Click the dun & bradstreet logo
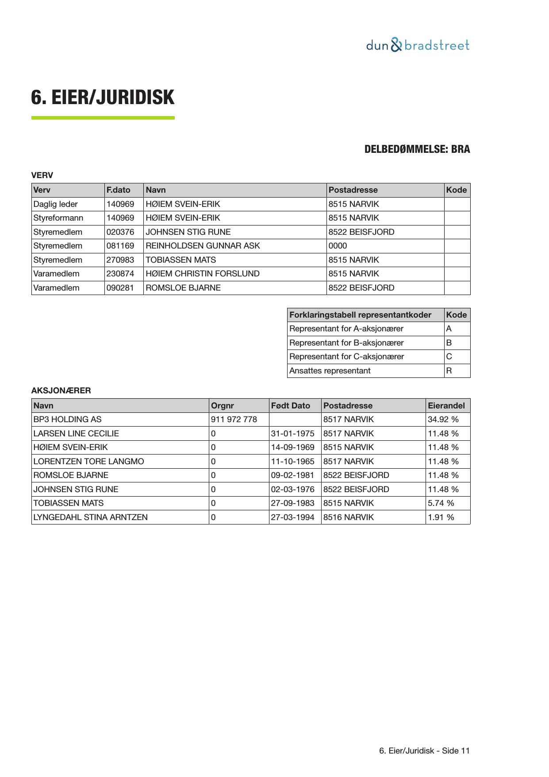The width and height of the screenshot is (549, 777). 417,45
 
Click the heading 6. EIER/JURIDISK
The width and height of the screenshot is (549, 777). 103,97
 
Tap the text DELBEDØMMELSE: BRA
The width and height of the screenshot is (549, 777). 417,149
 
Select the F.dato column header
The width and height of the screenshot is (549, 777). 118,190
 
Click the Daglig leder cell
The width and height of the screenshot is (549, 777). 56,204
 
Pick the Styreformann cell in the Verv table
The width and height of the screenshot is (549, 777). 58,218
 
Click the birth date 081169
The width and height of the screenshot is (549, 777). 120,246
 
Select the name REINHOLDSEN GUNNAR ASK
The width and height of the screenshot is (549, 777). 203,246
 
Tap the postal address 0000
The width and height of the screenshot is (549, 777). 338,246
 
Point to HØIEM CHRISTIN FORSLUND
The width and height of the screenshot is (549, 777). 203,274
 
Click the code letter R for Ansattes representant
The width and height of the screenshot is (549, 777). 449,371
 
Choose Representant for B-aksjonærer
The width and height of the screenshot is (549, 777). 346,343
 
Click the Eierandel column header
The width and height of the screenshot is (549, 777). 446,406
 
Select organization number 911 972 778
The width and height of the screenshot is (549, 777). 234,420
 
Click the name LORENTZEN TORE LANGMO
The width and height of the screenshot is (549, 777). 88,462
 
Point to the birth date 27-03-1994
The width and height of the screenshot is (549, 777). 292,517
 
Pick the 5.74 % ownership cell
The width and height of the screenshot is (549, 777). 441,503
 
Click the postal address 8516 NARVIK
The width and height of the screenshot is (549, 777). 349,517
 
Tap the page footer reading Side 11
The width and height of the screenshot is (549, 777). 424,751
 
